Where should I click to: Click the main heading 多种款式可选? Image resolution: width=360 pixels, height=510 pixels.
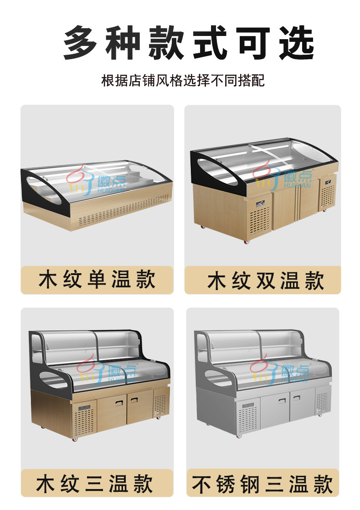(189, 43)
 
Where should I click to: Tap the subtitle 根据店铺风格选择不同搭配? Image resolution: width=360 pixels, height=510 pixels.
(183, 80)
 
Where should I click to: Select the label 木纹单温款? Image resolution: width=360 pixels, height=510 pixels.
(97, 280)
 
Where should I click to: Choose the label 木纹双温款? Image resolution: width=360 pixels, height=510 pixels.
(266, 280)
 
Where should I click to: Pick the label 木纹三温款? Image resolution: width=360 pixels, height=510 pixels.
(95, 484)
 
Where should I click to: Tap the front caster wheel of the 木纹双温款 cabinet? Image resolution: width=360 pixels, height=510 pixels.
(247, 242)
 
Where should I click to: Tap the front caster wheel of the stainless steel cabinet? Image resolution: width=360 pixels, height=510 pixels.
(240, 436)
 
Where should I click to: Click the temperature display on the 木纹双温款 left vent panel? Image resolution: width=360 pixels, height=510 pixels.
(260, 204)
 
